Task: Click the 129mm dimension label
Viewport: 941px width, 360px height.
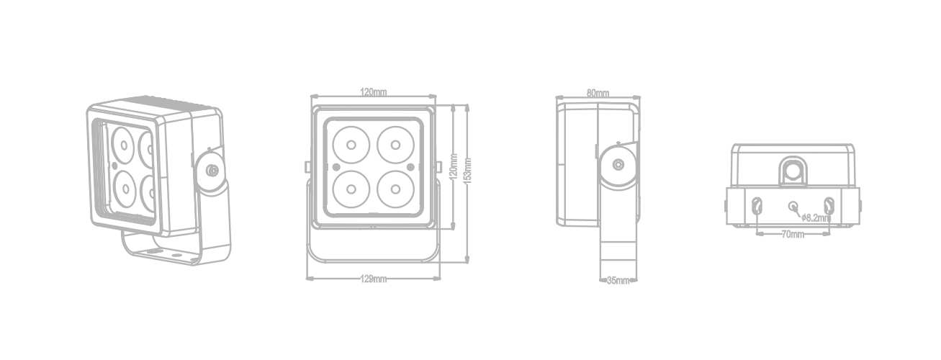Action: click(x=374, y=279)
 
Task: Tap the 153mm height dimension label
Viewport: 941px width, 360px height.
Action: click(x=469, y=171)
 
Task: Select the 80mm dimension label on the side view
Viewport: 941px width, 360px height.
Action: click(x=598, y=93)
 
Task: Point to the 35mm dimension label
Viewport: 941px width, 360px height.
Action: click(x=618, y=280)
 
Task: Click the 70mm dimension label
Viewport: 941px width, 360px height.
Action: click(x=793, y=234)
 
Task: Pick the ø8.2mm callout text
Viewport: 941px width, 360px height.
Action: click(x=816, y=217)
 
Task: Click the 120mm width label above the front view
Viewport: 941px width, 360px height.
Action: click(x=374, y=91)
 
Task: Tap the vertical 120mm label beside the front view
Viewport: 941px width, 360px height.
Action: click(x=454, y=167)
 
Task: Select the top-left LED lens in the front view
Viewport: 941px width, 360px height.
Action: click(x=351, y=145)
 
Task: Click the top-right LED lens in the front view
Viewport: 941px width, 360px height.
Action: click(x=395, y=145)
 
